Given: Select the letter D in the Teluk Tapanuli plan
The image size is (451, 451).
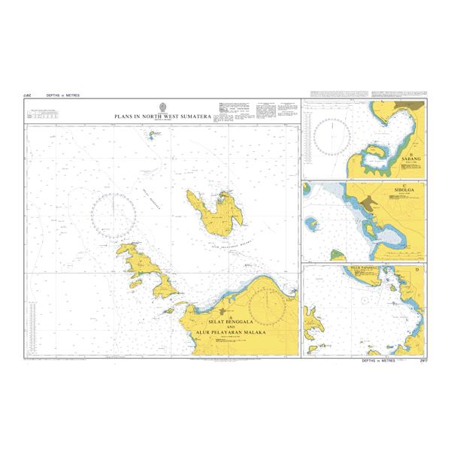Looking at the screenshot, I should pos(418,269).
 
